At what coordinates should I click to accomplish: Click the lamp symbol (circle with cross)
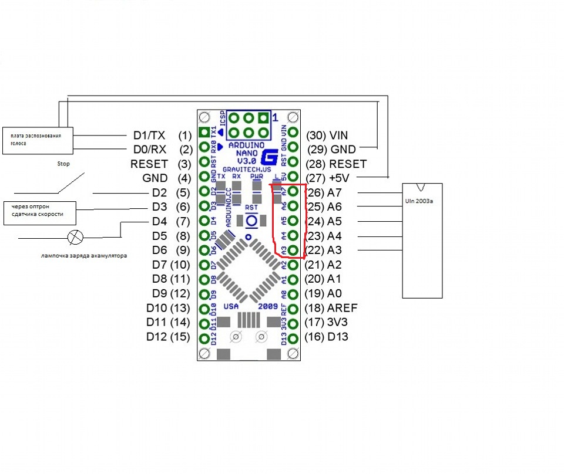pos(76,237)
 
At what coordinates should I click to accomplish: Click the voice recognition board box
pos(37,141)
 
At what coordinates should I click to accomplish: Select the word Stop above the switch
pos(63,165)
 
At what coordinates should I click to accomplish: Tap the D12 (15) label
pos(168,337)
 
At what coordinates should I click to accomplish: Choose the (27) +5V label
pos(332,178)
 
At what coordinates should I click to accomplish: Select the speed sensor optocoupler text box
pos(41,210)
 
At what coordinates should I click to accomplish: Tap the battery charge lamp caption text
pos(85,255)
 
